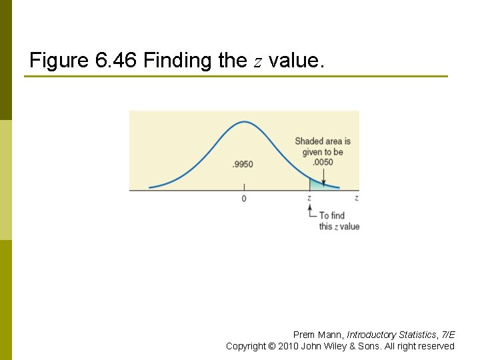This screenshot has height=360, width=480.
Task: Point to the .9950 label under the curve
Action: click(x=243, y=165)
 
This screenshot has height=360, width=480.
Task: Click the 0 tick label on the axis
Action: click(x=243, y=199)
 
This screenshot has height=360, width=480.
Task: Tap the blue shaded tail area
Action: click(x=317, y=185)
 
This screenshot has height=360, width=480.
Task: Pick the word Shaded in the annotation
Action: click(x=309, y=141)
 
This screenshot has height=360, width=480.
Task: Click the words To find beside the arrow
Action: click(x=332, y=215)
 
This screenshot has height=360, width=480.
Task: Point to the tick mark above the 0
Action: click(x=243, y=188)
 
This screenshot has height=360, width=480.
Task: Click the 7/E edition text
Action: click(x=447, y=335)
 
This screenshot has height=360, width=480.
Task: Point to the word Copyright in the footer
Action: click(x=245, y=346)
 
